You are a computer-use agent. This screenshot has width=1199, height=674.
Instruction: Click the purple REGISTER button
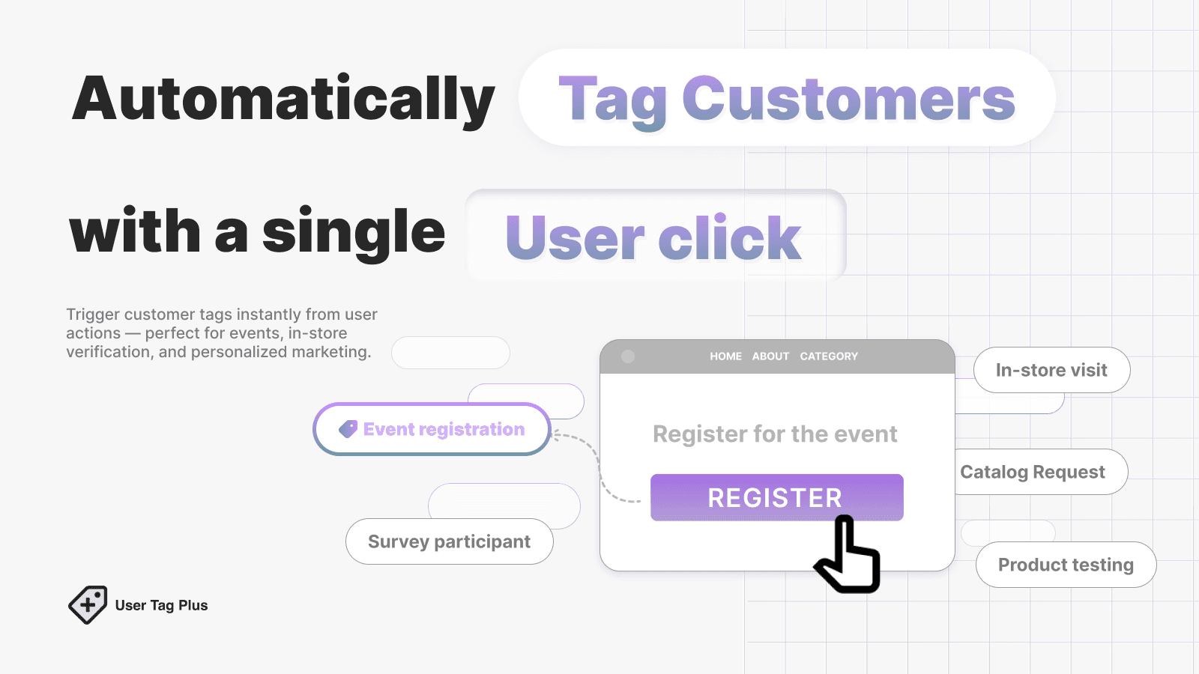[776, 497]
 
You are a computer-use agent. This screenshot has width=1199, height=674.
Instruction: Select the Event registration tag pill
[432, 429]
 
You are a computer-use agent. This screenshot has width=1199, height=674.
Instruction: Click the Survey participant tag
[449, 541]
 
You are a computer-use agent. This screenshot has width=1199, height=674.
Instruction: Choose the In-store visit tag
[1051, 370]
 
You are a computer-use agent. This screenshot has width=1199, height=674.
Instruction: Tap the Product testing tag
[1065, 565]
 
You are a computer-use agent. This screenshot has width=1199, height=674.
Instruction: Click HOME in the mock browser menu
[725, 356]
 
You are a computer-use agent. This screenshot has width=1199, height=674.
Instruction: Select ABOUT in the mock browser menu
[770, 356]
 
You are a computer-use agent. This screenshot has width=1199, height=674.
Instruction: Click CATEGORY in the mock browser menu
[828, 356]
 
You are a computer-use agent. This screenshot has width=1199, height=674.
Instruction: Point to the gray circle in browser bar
[628, 356]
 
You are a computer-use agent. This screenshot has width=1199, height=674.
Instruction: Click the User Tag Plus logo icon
[88, 604]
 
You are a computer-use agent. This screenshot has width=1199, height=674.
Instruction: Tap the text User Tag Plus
[161, 605]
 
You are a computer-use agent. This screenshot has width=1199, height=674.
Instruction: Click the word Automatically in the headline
[283, 100]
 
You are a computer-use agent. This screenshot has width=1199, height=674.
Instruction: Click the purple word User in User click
[574, 238]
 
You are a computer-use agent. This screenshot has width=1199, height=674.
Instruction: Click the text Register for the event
[775, 434]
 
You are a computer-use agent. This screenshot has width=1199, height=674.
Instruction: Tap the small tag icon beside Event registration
[348, 429]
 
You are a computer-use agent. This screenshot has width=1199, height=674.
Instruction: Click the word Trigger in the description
[93, 315]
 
